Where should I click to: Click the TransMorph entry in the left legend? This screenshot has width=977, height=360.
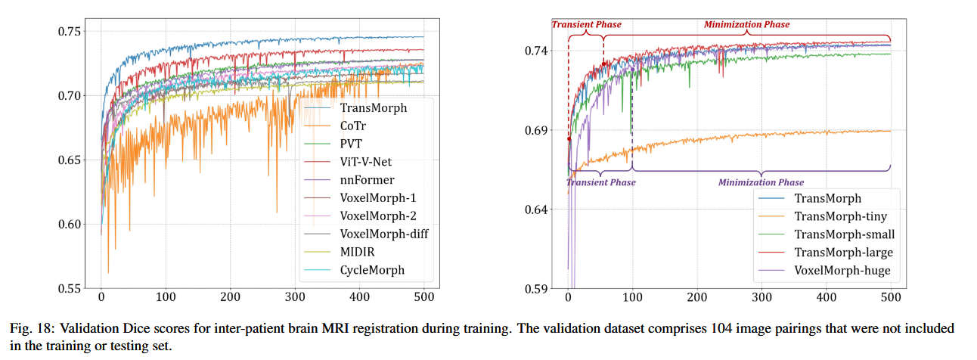pos(373,107)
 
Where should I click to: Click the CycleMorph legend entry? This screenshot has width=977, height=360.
pos(372,270)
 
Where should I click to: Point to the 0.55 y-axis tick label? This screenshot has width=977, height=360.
pos(73,288)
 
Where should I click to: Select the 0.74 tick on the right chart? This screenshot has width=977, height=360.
pos(539,51)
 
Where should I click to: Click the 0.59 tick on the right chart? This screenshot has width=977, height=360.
pos(539,288)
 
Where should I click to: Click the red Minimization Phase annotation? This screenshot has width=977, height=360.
pos(746,24)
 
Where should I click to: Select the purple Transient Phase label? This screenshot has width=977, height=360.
pos(601,182)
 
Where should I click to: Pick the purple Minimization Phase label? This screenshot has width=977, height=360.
pos(761,182)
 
